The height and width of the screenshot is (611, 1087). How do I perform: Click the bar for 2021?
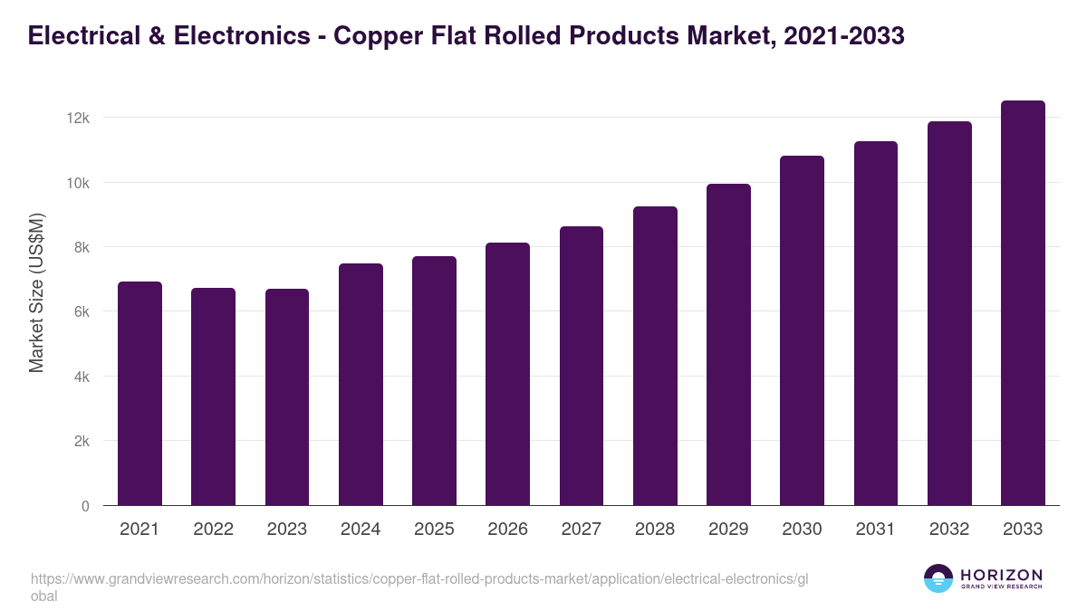coord(139,394)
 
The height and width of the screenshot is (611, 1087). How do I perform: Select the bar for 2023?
coord(287,397)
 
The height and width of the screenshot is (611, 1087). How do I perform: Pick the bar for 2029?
coord(728,345)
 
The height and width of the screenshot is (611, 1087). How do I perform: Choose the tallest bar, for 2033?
coord(1023,303)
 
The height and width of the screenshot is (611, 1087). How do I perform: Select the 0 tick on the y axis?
coord(85,506)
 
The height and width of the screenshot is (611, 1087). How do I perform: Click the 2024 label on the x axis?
coord(361,530)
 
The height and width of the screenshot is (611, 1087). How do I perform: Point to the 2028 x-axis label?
coord(655,530)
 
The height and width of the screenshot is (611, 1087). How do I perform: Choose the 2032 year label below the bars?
coord(949,530)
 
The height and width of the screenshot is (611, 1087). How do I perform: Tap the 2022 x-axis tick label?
coord(213,530)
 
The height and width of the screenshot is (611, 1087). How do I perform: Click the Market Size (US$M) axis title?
coord(36,291)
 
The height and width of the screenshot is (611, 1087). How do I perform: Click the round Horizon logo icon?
coord(938,578)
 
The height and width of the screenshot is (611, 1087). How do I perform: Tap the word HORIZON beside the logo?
coord(1001,575)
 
